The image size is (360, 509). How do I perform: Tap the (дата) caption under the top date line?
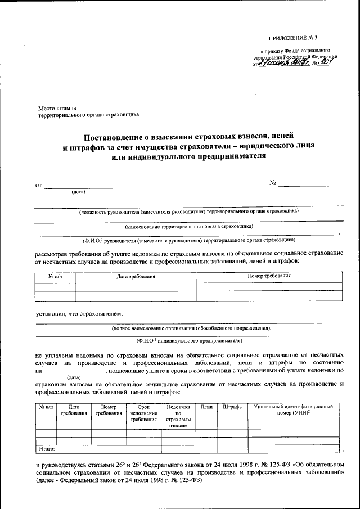coord(78,192)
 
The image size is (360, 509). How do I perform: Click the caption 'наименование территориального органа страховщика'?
coord(189,226)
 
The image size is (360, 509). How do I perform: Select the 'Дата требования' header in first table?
coord(136,276)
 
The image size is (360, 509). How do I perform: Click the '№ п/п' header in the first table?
coord(55,276)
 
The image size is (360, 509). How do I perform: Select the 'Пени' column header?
coord(206,406)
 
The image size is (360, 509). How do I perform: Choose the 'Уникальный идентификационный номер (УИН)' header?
coord(293,409)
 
